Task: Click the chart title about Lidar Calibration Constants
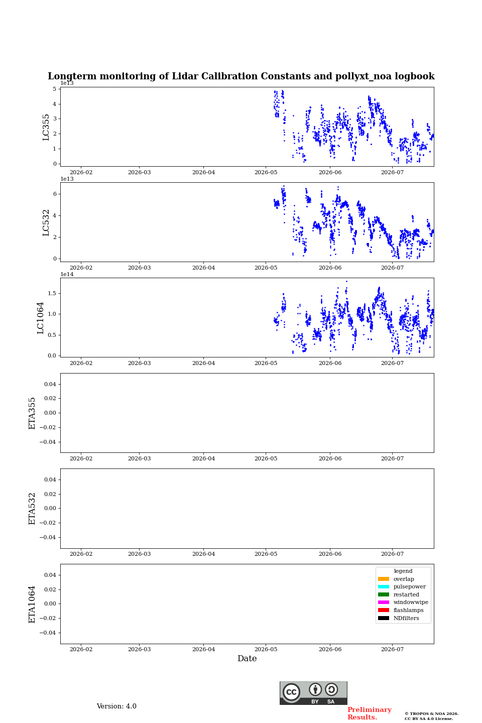point(241,76)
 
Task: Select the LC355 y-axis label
point(46,127)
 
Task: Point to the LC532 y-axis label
point(46,223)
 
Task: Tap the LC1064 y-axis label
point(40,318)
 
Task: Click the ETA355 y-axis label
point(32,413)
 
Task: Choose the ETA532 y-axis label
point(32,509)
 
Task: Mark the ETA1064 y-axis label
point(32,604)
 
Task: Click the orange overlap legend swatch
point(384,579)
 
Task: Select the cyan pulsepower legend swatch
point(384,587)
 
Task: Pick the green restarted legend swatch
point(384,594)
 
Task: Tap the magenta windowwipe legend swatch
point(384,602)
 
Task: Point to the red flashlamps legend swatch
point(384,611)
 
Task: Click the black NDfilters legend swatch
point(384,618)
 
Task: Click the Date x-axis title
point(247,659)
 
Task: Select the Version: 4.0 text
point(116,706)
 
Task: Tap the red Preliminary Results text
point(370,713)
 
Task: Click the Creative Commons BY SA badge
point(313,693)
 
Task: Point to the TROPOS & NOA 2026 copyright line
point(432,713)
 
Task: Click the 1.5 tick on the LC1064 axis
point(52,293)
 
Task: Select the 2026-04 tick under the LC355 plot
point(203,172)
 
